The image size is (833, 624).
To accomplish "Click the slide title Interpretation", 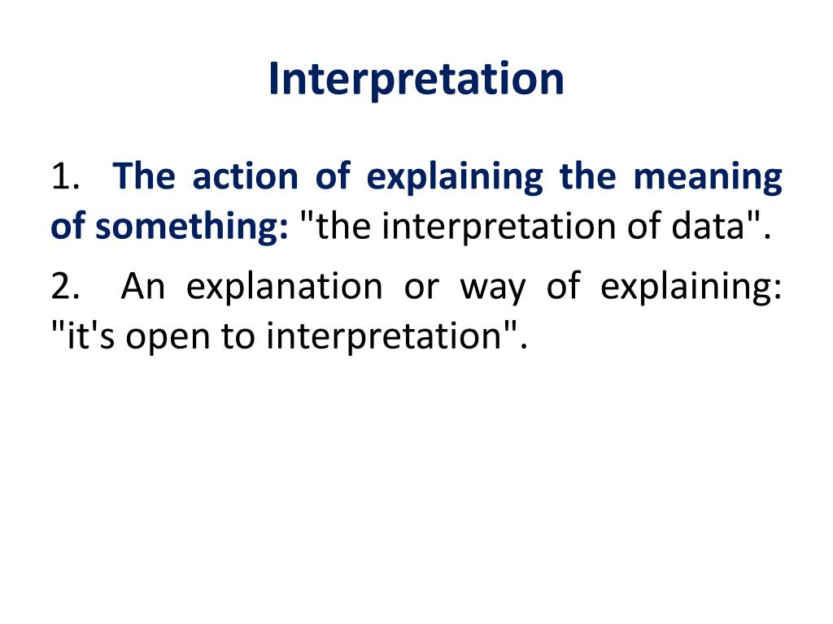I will [x=416, y=80].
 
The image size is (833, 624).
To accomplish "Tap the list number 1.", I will [x=64, y=177].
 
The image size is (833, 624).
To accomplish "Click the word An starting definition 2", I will [x=142, y=287].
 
